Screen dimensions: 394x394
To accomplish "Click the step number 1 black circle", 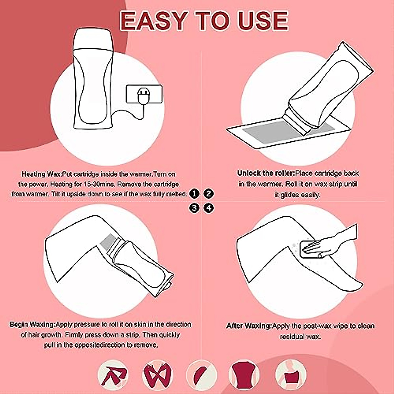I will pyautogui.click(x=194, y=194).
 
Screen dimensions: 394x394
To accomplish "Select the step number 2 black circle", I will pyautogui.click(x=208, y=194).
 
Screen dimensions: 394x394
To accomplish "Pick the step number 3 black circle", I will pyautogui.click(x=194, y=208).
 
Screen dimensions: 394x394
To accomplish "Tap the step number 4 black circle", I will pyautogui.click(x=208, y=208).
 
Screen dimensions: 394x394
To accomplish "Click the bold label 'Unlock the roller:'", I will pyautogui.click(x=266, y=173).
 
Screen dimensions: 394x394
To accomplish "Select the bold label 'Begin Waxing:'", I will pyautogui.click(x=33, y=324).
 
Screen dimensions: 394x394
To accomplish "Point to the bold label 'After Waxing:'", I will pyautogui.click(x=249, y=326).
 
